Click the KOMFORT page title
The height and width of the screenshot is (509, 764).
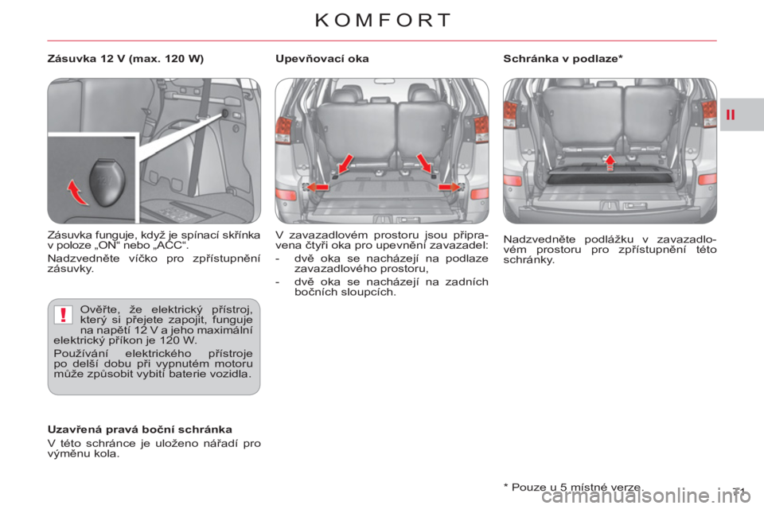pos(382,20)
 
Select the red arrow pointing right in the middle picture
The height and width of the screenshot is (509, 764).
pos(449,186)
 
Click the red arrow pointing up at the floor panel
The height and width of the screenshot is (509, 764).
pos(610,161)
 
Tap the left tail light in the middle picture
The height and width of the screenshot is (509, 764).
pos(283,130)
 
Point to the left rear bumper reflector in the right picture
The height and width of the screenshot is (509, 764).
pos(513,180)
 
